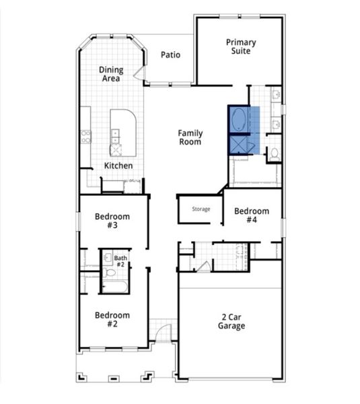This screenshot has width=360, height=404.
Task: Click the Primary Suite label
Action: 240,46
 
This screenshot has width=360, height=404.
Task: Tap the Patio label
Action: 170,55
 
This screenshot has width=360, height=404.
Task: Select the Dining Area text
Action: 111,74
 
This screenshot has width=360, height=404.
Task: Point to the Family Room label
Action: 190,138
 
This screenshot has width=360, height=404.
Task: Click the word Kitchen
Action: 118,166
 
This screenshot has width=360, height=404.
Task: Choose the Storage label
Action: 201,209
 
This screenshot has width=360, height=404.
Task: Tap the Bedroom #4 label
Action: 251,215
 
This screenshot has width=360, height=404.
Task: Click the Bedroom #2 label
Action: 112,319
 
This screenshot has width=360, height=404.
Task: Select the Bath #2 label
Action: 120,261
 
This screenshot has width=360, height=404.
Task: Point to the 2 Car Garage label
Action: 231,321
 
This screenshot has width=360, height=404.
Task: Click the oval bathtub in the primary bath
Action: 239,121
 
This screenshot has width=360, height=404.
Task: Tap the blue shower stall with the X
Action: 239,145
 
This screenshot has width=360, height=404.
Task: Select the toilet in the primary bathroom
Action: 274,154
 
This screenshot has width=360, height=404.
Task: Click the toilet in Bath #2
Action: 110,274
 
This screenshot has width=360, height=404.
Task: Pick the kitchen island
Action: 122,133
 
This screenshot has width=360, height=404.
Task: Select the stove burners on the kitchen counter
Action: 86,136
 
